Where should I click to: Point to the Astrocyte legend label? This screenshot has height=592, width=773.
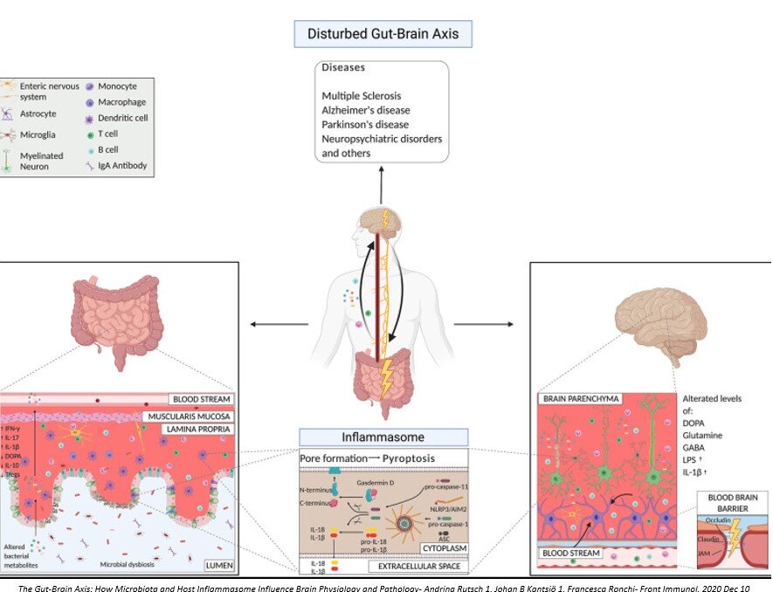point(38,114)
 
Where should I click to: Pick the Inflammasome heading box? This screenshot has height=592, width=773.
point(383,437)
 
